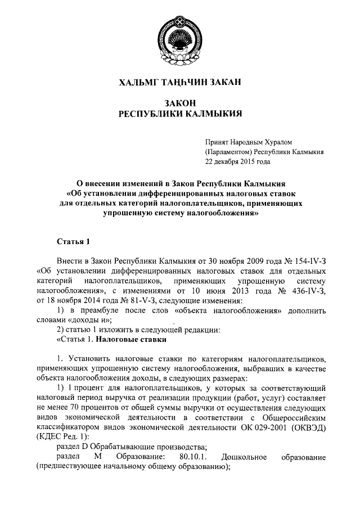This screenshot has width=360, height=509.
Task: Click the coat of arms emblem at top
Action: point(180,38)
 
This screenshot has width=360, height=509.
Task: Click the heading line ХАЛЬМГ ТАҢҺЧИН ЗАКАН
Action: point(180,83)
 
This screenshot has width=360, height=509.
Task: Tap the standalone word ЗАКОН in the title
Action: point(180,103)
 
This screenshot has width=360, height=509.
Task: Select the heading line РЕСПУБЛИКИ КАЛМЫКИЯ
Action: point(180,114)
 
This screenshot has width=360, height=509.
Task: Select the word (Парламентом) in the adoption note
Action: point(228,151)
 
